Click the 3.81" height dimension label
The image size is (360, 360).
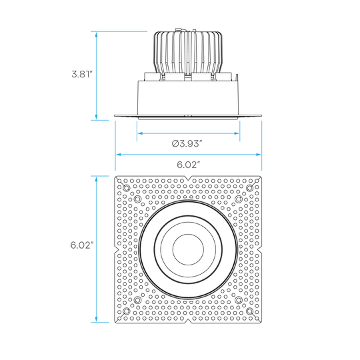click(x=82, y=75)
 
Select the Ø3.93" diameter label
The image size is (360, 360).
click(x=187, y=144)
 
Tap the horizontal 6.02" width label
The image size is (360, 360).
click(x=187, y=165)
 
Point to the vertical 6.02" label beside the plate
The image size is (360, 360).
click(x=81, y=245)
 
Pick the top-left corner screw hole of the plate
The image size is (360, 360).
click(x=126, y=188)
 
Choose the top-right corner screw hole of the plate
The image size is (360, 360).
click(x=249, y=188)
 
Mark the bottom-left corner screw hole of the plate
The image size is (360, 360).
click(x=126, y=311)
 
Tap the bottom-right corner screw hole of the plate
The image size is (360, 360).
click(x=249, y=311)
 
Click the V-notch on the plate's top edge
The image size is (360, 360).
click(x=188, y=178)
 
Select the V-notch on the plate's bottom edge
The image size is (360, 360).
click(x=188, y=321)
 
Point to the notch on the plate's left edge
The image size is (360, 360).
click(x=117, y=250)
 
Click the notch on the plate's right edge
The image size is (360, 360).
click(x=259, y=250)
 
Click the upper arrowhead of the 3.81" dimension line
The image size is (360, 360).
click(x=97, y=35)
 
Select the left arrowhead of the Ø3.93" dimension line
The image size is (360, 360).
click(x=140, y=133)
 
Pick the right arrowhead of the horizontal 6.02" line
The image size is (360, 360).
click(x=258, y=155)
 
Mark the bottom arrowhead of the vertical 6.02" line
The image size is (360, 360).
click(x=97, y=319)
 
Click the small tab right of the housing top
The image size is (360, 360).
click(x=237, y=77)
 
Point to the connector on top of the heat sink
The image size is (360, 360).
click(x=181, y=30)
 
